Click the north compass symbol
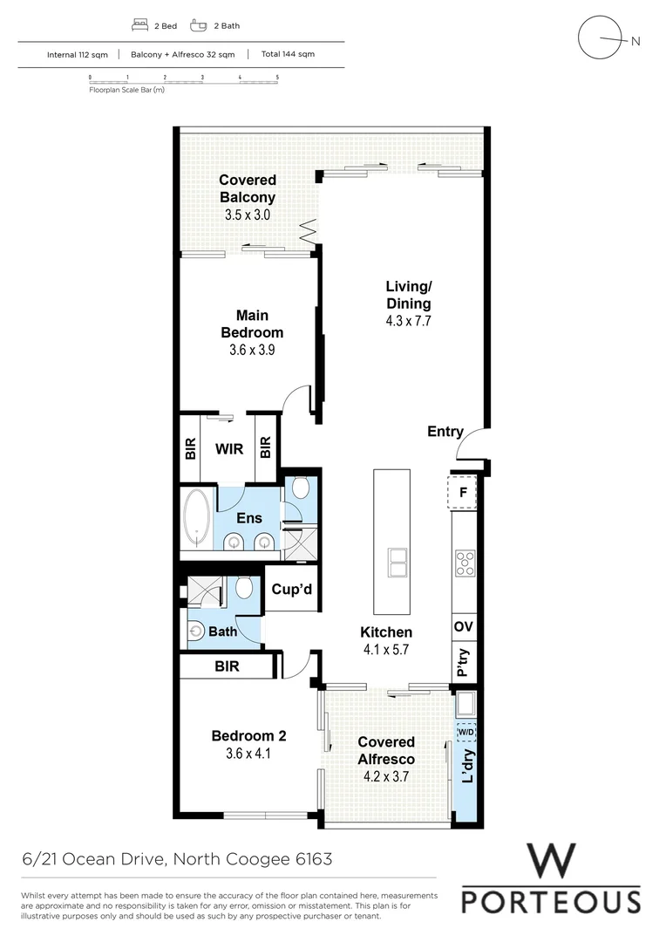click(601, 39)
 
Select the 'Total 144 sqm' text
click(288, 54)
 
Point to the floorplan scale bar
click(183, 78)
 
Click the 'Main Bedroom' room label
click(251, 324)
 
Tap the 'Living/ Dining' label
click(408, 295)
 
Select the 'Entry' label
click(445, 432)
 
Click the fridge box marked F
click(463, 493)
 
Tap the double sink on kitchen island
click(398, 563)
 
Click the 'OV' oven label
click(464, 626)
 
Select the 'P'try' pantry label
click(464, 663)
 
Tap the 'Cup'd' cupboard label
click(291, 590)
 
